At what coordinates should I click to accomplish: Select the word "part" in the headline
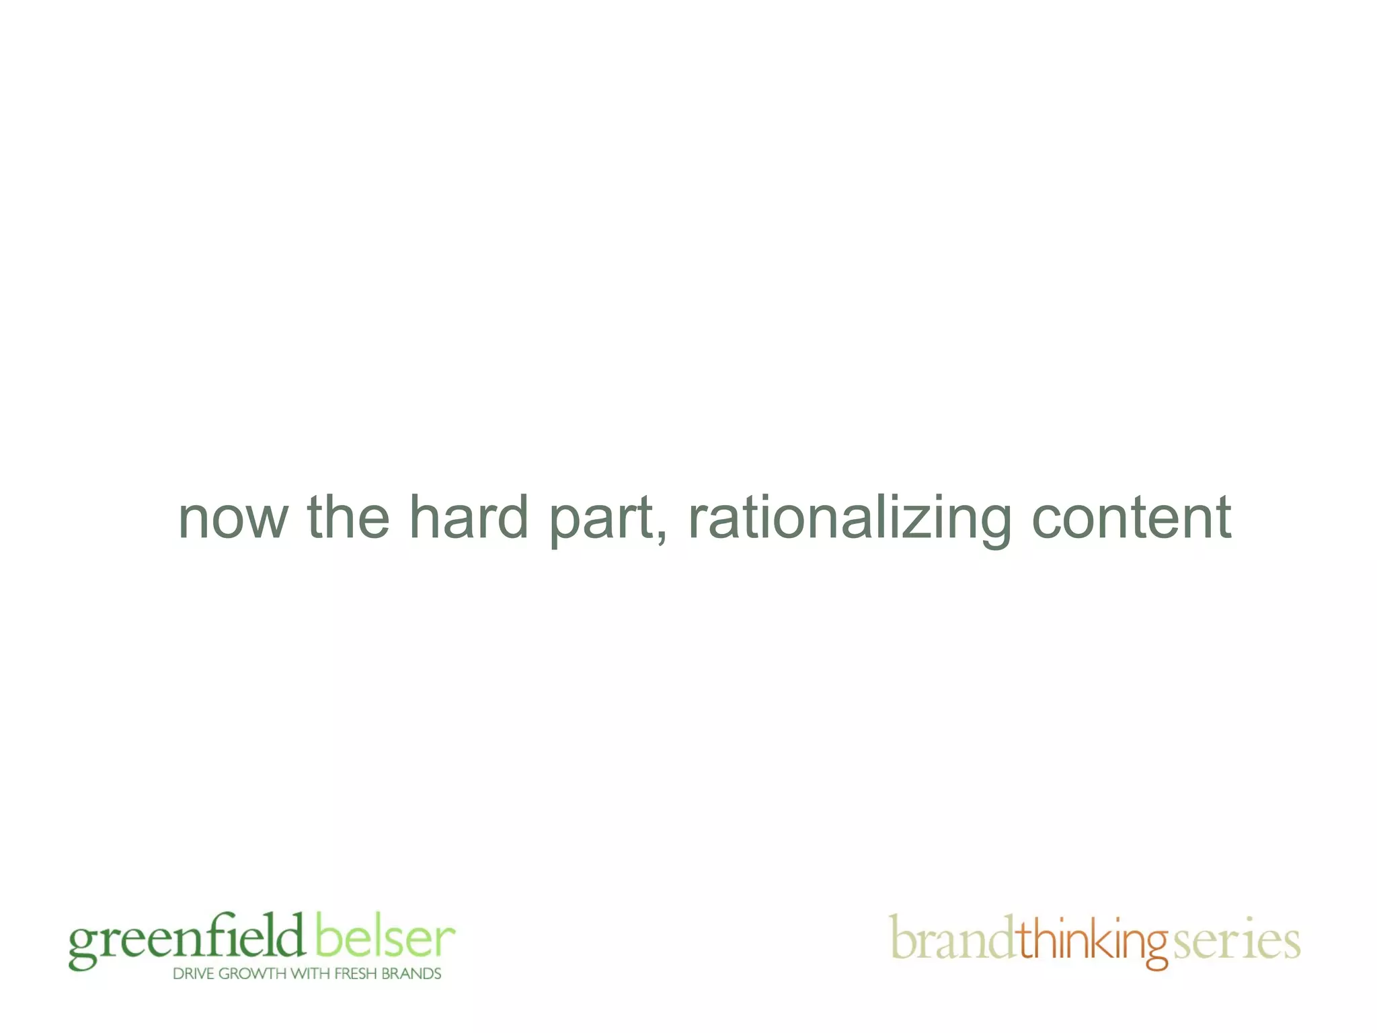[x=601, y=519]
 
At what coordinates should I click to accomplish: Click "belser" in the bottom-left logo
[x=385, y=936]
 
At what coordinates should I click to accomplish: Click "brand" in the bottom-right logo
[x=951, y=939]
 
